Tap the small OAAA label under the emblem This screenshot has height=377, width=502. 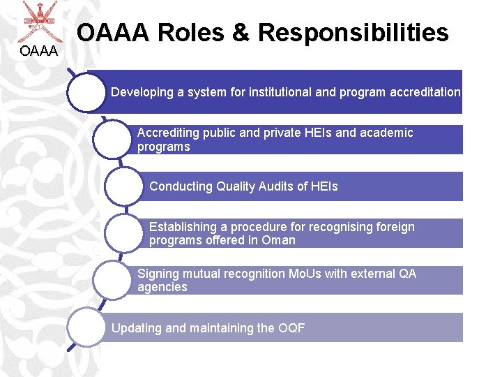click(39, 50)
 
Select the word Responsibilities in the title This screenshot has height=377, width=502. click(353, 32)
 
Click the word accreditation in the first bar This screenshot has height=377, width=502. click(426, 91)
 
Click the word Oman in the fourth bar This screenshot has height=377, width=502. click(279, 240)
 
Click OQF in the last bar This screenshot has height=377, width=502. click(291, 328)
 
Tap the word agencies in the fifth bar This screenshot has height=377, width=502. click(162, 287)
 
